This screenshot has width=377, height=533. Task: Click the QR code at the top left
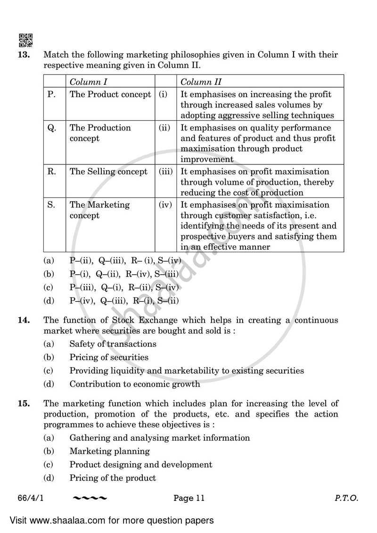coord(25,41)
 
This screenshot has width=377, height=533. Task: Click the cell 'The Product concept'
coord(110,94)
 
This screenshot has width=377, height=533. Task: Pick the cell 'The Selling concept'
coord(108,172)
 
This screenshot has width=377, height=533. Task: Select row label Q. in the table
coord(52,128)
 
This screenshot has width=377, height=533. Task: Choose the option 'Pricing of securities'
coord(109,357)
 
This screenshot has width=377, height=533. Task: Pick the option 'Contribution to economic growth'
coord(135,384)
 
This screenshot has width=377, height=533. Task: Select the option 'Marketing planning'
coord(109,451)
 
